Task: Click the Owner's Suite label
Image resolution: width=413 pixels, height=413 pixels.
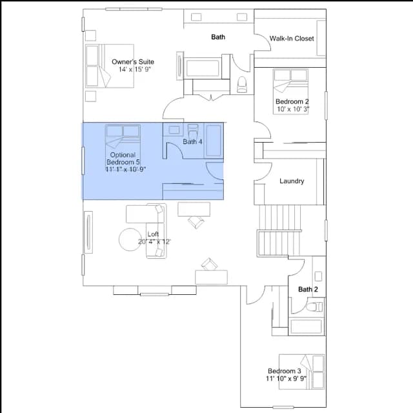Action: (x=133, y=62)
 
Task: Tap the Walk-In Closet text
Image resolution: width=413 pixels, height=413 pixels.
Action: (x=292, y=39)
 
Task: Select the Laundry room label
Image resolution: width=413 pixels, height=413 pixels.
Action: (x=292, y=181)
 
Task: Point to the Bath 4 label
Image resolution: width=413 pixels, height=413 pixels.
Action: (x=192, y=142)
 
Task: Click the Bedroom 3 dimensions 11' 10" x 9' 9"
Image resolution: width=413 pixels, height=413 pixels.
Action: (x=286, y=379)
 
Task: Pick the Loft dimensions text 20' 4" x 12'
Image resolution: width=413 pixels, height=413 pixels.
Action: (x=154, y=241)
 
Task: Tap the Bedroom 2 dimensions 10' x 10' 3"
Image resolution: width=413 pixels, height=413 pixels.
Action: (x=293, y=109)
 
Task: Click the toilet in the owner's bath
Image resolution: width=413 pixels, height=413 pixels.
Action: (x=241, y=85)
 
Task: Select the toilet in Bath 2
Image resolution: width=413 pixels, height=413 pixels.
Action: (x=314, y=307)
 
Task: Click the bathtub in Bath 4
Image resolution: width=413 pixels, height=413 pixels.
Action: (x=214, y=141)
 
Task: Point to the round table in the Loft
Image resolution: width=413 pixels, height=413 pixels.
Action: (x=130, y=239)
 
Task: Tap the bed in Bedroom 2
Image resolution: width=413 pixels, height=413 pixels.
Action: (x=290, y=92)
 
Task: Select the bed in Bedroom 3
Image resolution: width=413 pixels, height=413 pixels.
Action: (x=301, y=372)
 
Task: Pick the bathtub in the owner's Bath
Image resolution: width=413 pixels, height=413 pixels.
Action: (x=203, y=68)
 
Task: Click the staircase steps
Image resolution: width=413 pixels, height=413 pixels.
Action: (x=279, y=230)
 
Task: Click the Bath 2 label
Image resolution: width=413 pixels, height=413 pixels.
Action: (x=308, y=289)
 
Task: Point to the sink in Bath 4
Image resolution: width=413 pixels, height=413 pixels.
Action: (x=174, y=130)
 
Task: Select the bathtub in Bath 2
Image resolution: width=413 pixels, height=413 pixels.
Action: (x=306, y=327)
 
